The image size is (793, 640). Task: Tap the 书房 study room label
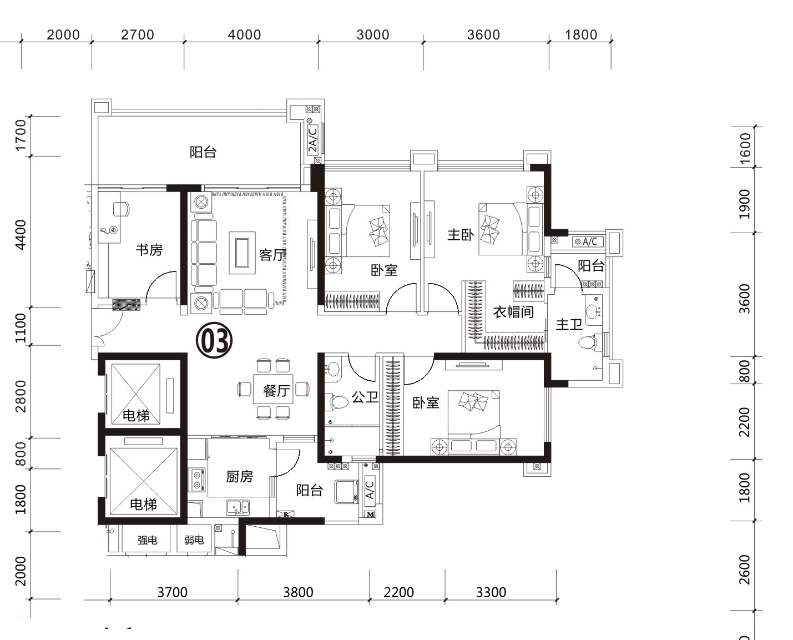pos(149,250)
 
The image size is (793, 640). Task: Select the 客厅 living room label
pos(272,255)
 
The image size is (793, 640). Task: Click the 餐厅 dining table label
pos(277,391)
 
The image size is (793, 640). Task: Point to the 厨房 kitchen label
pos(240,477)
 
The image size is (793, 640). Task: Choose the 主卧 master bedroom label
pos(461,234)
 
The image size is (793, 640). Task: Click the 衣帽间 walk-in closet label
pos(514,312)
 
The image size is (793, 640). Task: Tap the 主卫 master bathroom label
pos(569,324)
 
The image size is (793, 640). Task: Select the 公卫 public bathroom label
pos(365,397)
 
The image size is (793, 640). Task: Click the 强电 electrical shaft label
pos(148,540)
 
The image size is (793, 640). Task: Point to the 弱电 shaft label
pos(194,540)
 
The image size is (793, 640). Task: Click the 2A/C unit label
pos(312,139)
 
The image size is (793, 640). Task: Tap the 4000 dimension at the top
pos(244,34)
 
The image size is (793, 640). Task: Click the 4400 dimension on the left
pos(21,235)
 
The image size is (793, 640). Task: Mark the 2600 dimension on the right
pos(745,570)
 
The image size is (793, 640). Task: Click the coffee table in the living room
pos(242,253)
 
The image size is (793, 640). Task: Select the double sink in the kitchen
pos(238,507)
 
